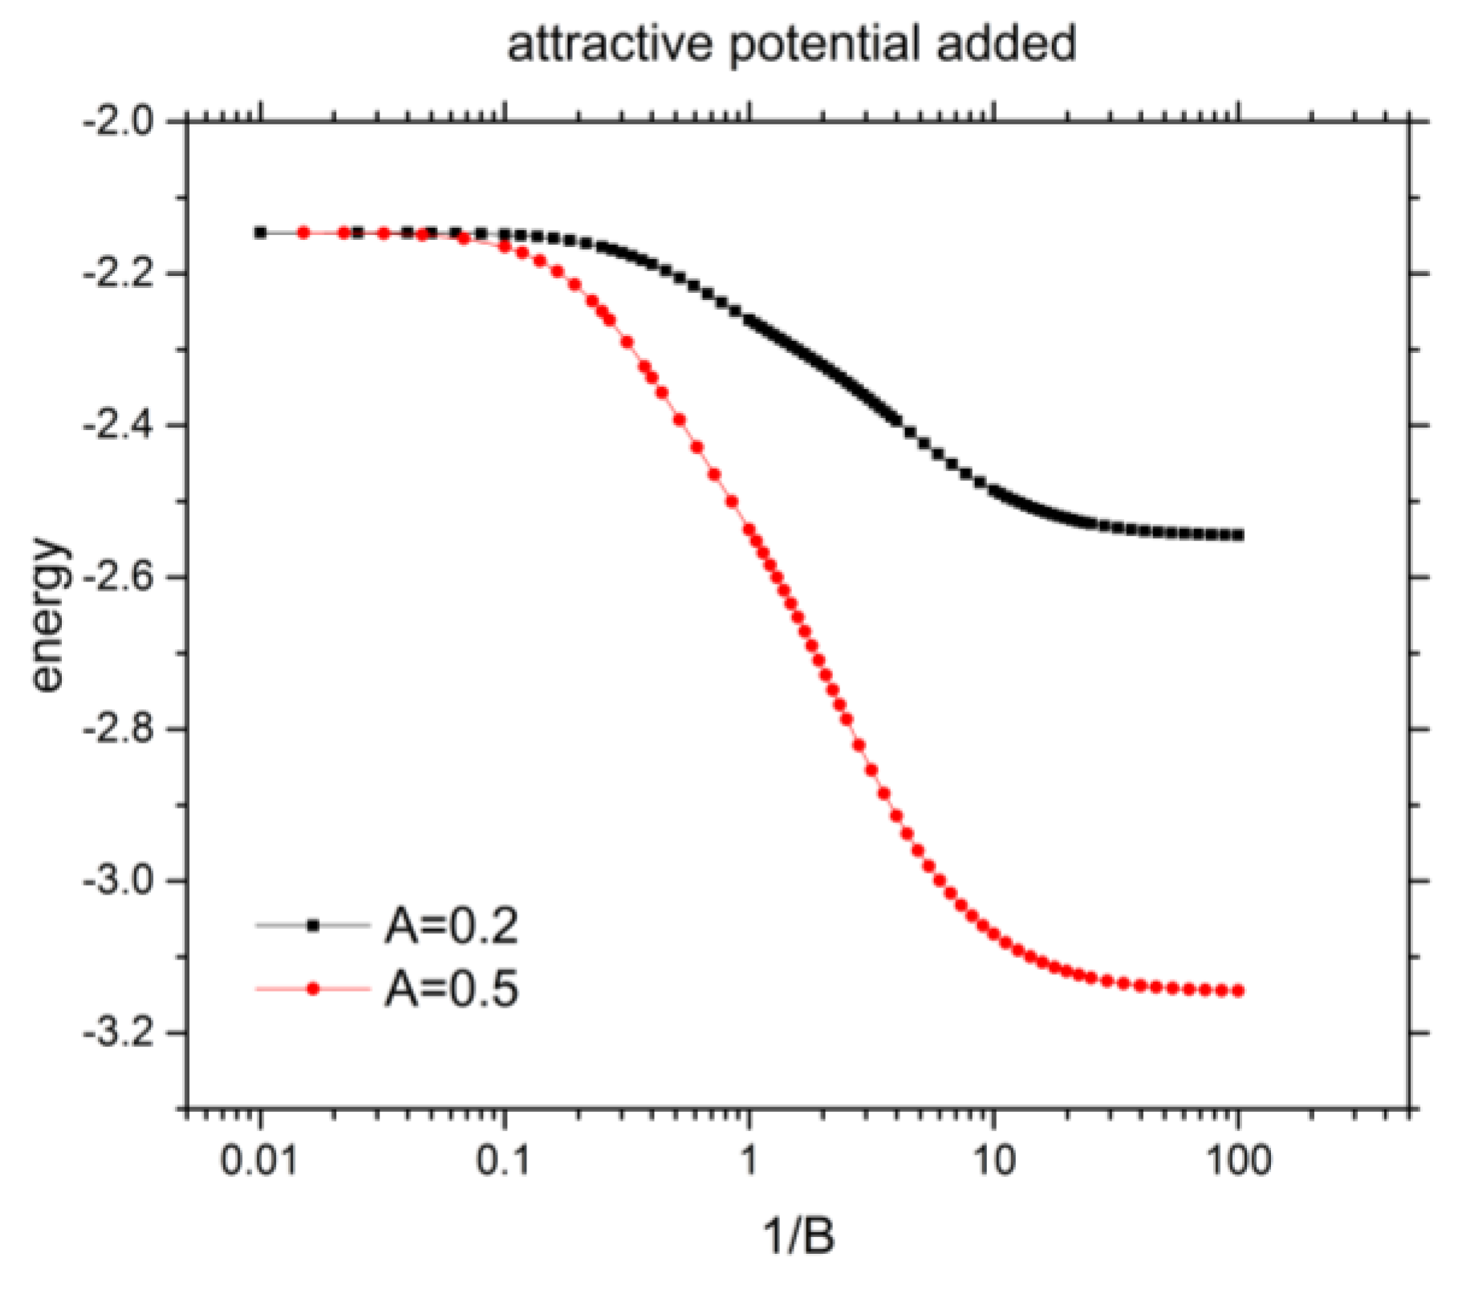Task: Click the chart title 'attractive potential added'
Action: [790, 44]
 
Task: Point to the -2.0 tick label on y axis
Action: [117, 123]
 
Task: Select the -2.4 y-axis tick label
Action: [117, 426]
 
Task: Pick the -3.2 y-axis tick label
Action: [117, 1033]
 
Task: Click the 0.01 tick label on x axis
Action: [258, 1161]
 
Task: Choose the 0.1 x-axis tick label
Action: [504, 1161]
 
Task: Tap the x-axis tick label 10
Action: [993, 1161]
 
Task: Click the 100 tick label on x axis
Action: [1238, 1161]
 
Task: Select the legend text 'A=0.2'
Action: [451, 927]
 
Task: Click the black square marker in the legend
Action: [313, 927]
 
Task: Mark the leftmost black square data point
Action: [260, 233]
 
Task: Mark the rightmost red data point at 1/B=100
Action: [1238, 992]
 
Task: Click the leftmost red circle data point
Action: [303, 233]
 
